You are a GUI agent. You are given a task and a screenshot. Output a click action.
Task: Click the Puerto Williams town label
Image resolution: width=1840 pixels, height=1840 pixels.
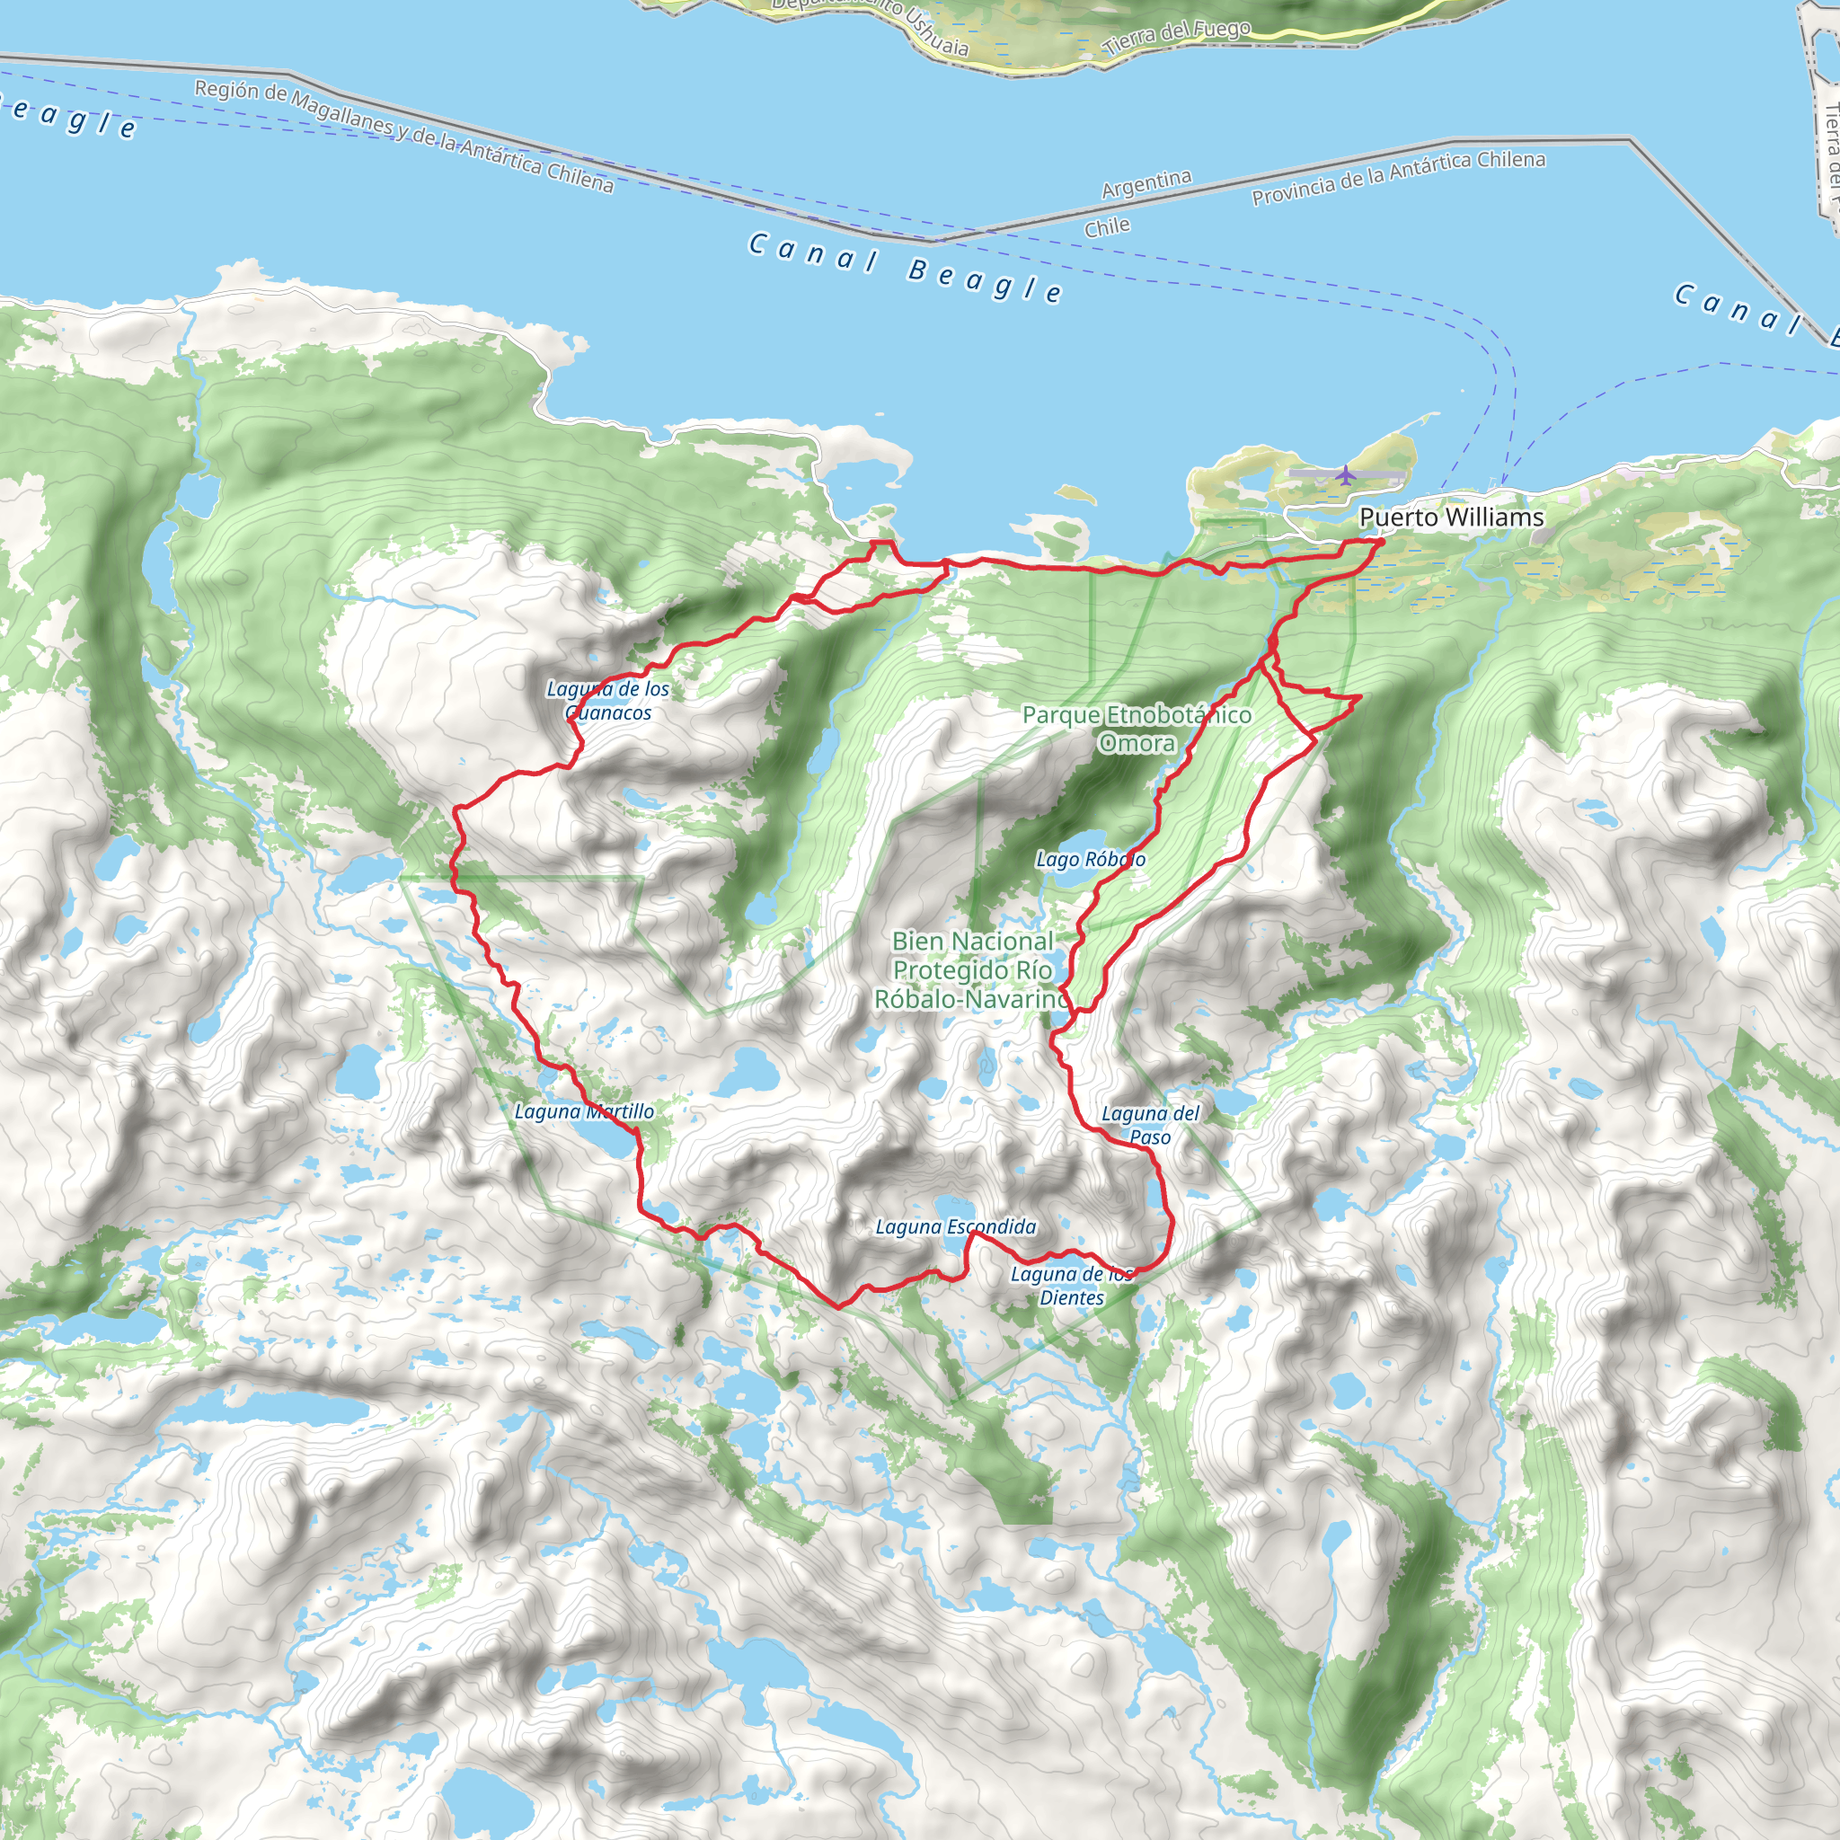1450,517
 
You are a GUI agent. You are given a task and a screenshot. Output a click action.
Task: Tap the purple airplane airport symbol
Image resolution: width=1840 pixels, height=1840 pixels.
1344,474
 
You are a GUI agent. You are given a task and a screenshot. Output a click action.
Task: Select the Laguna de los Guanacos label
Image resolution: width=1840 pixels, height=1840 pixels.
607,700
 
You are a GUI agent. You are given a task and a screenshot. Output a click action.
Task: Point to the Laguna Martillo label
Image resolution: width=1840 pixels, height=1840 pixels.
584,1111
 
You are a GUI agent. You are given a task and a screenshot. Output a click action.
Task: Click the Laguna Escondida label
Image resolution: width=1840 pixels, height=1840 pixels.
955,1226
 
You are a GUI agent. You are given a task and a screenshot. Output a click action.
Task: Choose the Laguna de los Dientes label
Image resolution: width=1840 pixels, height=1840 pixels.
1072,1286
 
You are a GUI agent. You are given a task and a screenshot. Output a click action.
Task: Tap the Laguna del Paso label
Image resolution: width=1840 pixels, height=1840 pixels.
1151,1125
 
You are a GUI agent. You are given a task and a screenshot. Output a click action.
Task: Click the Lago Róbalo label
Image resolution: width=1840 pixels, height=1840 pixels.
1091,859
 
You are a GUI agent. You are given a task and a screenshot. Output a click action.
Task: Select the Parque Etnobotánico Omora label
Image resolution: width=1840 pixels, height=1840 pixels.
1137,729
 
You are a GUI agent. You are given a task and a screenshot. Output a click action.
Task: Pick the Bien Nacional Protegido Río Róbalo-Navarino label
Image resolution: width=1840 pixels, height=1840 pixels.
972,969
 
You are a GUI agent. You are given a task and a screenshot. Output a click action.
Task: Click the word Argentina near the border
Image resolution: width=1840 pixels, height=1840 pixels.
1146,184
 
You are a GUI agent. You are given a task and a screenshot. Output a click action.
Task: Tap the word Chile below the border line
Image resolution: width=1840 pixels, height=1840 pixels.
1107,227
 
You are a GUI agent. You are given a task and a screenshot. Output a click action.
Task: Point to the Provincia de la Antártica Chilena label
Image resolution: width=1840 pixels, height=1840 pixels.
1397,177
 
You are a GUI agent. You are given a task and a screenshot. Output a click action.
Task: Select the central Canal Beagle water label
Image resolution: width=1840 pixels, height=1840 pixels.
905,268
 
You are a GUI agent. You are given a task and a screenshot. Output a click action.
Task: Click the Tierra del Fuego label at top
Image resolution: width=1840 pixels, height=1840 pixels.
1176,36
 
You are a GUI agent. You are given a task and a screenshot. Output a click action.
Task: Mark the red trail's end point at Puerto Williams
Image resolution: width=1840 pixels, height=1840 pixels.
1380,542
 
